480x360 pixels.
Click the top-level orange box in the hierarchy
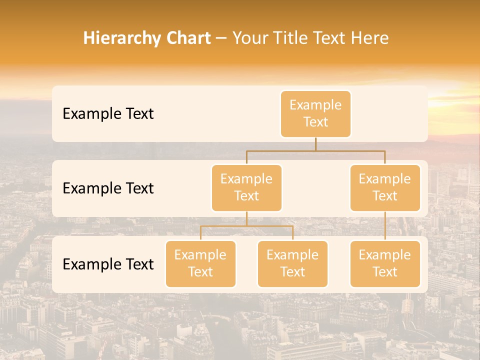315,113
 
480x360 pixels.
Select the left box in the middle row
246,187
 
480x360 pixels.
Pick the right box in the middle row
385,187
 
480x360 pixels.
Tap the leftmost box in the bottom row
200,263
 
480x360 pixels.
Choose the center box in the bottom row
292,263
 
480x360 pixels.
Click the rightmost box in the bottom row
385,263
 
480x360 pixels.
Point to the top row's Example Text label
108,113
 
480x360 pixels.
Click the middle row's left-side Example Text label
108,188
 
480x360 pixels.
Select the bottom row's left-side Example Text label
108,264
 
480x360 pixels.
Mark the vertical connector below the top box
315,144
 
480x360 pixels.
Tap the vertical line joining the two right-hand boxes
385,226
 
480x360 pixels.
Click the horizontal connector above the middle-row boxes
315,150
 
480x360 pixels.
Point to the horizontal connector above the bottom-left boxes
246,226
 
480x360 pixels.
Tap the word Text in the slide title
330,38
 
